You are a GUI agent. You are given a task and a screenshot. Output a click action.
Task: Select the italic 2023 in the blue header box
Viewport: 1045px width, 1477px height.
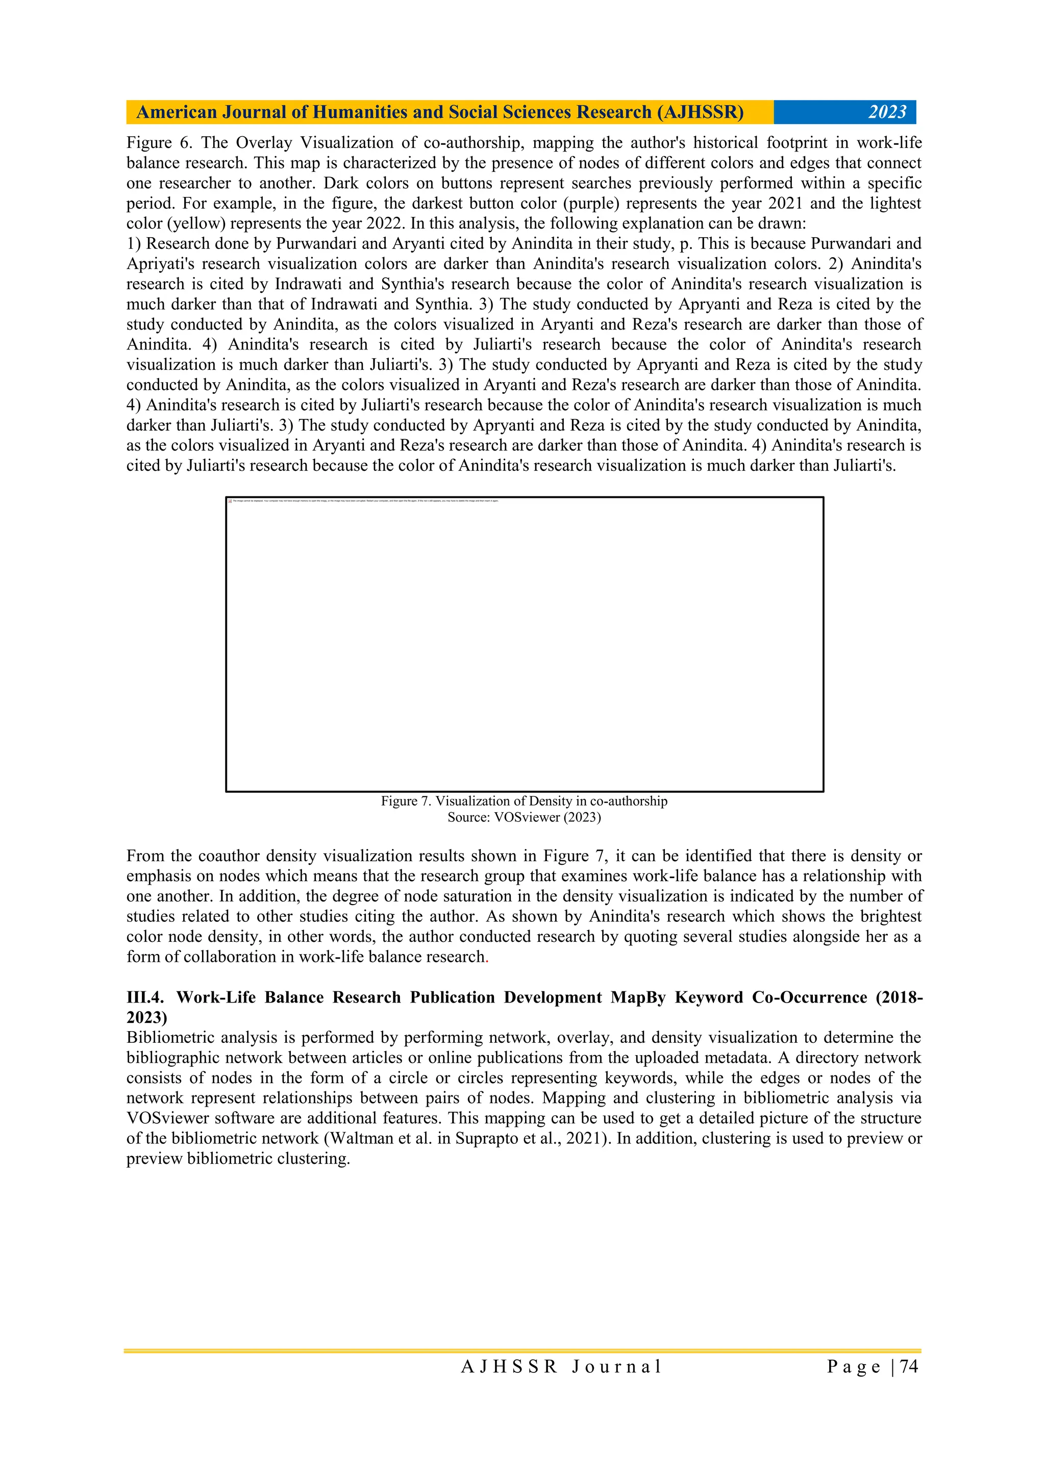[x=887, y=113]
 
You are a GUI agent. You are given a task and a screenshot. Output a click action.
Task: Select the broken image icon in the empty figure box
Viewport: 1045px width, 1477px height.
[x=230, y=500]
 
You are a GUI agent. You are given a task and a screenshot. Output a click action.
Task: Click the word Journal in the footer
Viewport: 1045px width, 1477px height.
[x=616, y=1366]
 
